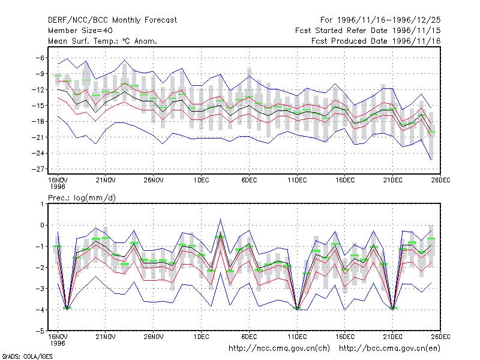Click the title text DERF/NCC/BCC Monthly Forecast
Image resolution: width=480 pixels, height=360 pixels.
[x=112, y=20]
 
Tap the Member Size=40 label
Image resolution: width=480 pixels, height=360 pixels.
[x=80, y=31]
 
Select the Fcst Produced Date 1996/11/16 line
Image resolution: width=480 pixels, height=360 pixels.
[x=376, y=41]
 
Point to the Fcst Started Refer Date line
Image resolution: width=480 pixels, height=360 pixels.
[x=368, y=31]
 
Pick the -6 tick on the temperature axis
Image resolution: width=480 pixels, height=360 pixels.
[x=40, y=58]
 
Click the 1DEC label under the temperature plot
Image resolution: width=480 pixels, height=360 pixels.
[x=201, y=180]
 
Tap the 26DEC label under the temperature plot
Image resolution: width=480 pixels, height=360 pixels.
[x=440, y=180]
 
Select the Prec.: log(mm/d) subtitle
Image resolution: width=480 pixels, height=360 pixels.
[x=82, y=198]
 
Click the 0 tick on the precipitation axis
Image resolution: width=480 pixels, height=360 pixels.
[x=42, y=226]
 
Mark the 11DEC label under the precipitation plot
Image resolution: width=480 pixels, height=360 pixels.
[x=297, y=337]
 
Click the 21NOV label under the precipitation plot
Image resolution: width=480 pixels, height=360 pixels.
[x=106, y=337]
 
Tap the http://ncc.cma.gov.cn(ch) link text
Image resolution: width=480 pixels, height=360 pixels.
[x=279, y=349]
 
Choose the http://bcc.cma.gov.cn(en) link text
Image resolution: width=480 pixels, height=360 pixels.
[x=389, y=349]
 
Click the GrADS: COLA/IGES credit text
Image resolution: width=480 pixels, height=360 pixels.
[x=27, y=356]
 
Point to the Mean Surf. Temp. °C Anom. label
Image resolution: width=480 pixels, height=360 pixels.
[x=102, y=41]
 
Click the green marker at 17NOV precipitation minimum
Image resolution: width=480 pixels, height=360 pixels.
[x=67, y=308]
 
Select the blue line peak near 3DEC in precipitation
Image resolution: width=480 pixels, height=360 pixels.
[x=220, y=219]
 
